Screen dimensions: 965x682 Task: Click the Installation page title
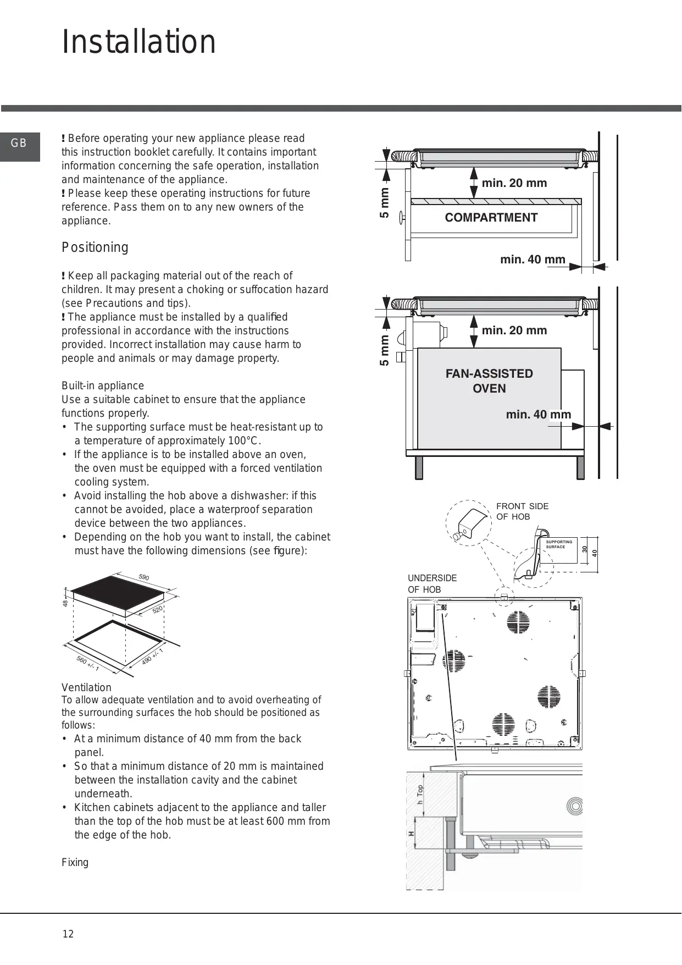click(139, 42)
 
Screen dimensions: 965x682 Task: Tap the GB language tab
click(19, 144)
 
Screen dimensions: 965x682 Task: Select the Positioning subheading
click(95, 247)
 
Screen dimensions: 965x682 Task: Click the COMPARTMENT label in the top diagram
click(491, 218)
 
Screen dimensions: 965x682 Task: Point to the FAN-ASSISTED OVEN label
click(489, 381)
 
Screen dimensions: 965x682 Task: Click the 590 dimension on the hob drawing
click(144, 577)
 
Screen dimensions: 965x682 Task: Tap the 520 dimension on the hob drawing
click(158, 610)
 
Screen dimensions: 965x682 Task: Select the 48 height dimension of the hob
click(65, 603)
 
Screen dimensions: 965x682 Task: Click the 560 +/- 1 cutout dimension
click(88, 663)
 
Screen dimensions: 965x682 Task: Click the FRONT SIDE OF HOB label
click(522, 511)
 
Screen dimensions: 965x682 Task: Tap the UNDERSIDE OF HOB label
click(432, 583)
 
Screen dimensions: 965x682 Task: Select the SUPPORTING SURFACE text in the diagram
click(558, 544)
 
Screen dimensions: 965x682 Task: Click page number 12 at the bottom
click(68, 934)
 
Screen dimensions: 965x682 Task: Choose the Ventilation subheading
click(86, 687)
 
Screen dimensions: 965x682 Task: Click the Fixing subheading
click(75, 862)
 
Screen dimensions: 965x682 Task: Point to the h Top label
click(420, 795)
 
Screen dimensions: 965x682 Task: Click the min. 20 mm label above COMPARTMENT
click(514, 183)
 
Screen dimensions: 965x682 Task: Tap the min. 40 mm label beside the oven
click(538, 415)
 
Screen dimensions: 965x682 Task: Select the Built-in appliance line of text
click(103, 385)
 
